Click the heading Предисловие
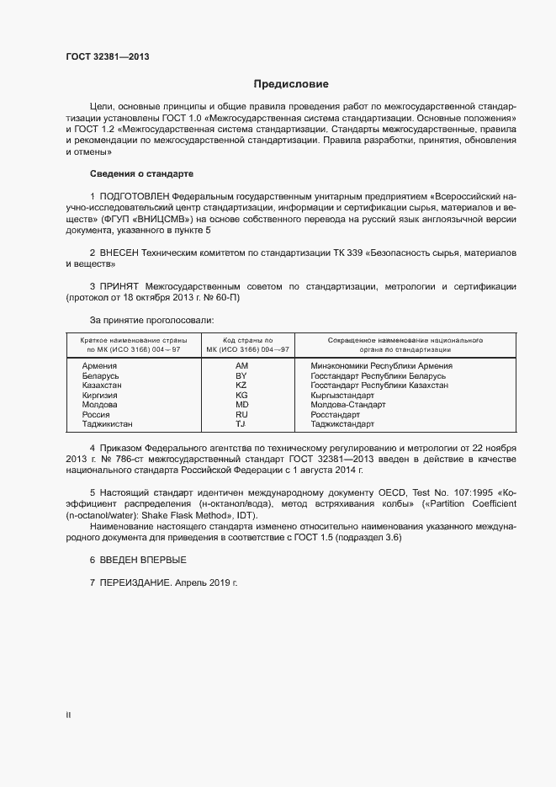click(291, 84)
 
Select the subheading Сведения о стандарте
click(141, 173)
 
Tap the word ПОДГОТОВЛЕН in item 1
click(140, 195)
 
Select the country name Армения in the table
click(99, 366)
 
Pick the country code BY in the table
click(241, 375)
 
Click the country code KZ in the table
click(241, 385)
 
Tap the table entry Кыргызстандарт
click(342, 395)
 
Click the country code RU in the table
click(241, 414)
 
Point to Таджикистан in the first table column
click(108, 424)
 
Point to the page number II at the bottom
click(68, 715)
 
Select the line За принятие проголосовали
click(151, 320)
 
